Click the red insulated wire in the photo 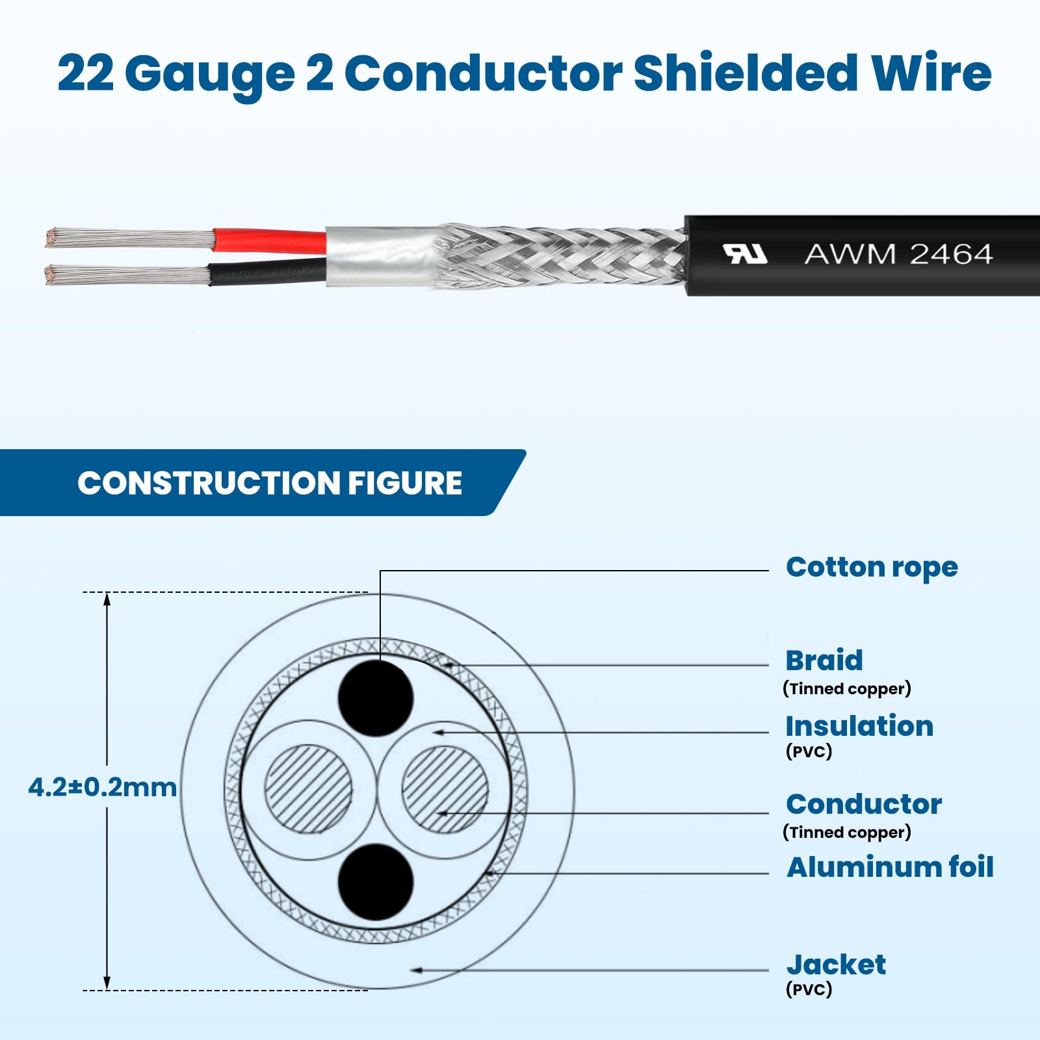coord(270,240)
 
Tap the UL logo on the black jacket coord(745,253)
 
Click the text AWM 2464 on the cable coord(898,253)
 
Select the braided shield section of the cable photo coord(559,257)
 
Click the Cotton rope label coord(872,567)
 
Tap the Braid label coord(824,660)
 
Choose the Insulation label coord(859,726)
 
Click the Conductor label coord(864,804)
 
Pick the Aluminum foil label coord(890,867)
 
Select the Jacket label coord(836,965)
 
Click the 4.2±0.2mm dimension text coord(103,787)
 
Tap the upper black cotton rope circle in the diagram coord(376,698)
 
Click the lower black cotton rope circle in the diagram coord(376,882)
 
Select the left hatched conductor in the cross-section coord(308,788)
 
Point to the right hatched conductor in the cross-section coord(445,789)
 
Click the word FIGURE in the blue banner coord(404,483)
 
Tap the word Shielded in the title coord(746,73)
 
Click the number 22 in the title coord(86,73)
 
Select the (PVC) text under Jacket coord(809,989)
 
